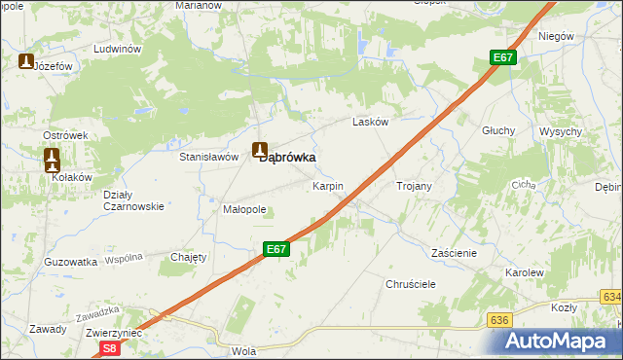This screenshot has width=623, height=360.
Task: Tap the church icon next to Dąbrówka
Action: point(259,150)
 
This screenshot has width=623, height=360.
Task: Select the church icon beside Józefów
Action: point(25,61)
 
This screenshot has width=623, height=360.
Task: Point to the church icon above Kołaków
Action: point(53,157)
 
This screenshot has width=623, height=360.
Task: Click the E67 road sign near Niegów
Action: point(501,58)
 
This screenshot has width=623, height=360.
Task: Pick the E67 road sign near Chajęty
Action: point(276,249)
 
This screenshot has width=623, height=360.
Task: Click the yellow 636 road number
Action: point(500,319)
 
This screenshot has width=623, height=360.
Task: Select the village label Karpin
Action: point(327,185)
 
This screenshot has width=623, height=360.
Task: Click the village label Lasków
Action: point(370,123)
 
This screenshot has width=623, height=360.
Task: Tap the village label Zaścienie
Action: point(453,252)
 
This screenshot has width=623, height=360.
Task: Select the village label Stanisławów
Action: point(209,156)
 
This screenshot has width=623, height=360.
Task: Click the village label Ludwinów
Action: point(117,49)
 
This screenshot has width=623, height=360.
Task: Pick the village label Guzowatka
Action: point(71,262)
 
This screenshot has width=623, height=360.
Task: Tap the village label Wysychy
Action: point(560,131)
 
